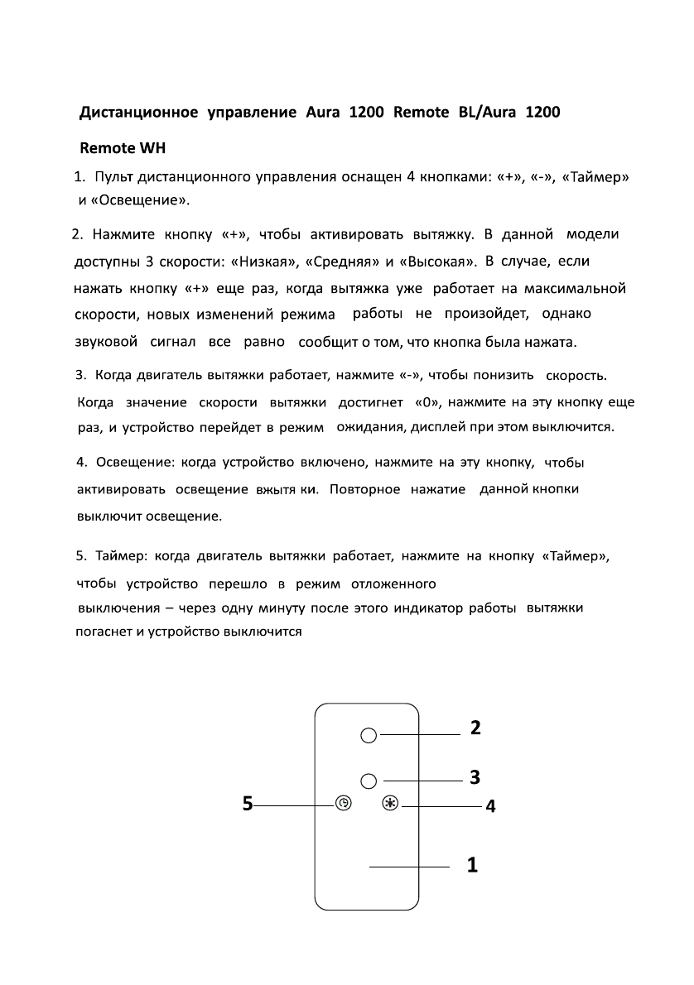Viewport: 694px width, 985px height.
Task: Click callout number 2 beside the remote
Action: (x=475, y=728)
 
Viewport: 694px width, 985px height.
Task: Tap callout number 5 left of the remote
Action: (x=248, y=803)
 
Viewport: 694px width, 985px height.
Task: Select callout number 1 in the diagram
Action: (x=472, y=866)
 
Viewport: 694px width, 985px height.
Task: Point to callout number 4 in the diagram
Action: (x=490, y=805)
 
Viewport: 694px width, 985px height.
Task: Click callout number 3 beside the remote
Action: (x=475, y=777)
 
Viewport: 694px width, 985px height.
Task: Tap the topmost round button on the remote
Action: (x=369, y=734)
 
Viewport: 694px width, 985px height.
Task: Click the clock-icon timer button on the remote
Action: (x=344, y=803)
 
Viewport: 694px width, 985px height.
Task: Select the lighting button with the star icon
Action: (x=390, y=803)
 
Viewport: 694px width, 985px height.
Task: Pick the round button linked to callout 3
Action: (x=369, y=780)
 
